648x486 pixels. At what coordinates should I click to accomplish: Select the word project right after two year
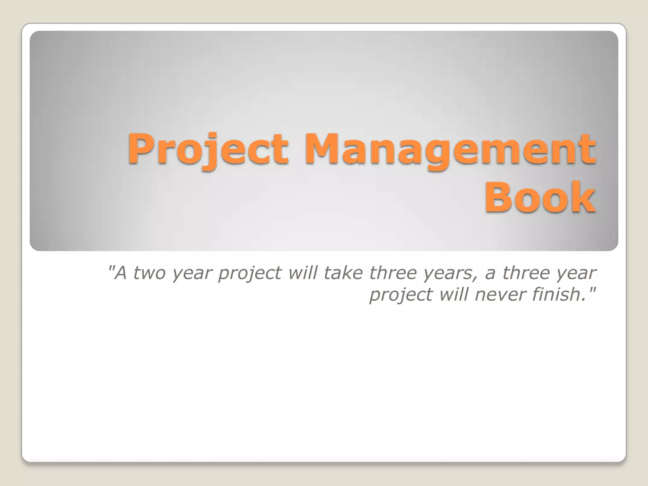click(x=250, y=273)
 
